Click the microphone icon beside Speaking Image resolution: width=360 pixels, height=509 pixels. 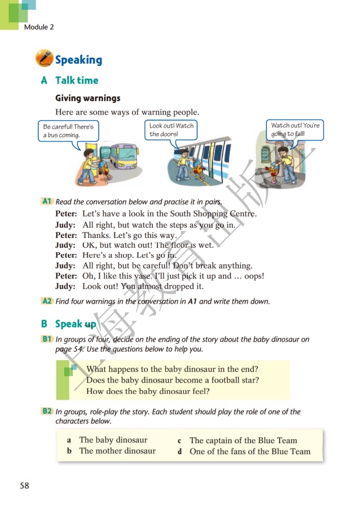45,59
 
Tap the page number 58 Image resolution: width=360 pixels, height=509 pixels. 24,486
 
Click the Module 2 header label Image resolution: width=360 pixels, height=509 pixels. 39,27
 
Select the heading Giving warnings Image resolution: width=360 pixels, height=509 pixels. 88,98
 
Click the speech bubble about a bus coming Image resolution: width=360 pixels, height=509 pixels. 68,131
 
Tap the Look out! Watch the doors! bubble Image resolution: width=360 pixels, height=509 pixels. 171,130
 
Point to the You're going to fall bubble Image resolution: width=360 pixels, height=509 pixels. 296,130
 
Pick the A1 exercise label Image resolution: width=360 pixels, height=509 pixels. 47,201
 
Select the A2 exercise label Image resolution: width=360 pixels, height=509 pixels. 47,301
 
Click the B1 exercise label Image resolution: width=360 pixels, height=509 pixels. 47,339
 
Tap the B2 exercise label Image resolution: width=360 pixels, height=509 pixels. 47,411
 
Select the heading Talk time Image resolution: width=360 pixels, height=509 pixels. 77,80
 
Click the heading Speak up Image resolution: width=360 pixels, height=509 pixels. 76,324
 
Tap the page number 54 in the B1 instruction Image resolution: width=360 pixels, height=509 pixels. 78,349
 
